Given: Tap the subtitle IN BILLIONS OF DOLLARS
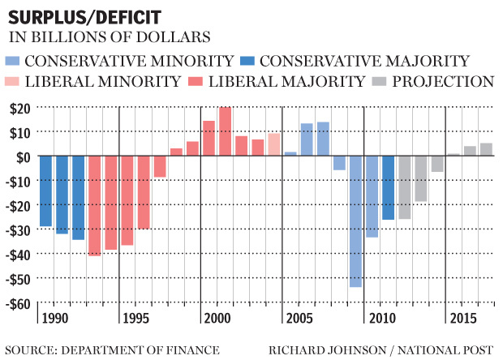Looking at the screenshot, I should [x=110, y=36].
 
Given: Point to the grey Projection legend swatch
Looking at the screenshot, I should [x=379, y=81].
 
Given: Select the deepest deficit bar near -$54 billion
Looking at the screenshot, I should [x=355, y=221].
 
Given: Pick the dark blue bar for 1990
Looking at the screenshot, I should [x=45, y=191].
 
